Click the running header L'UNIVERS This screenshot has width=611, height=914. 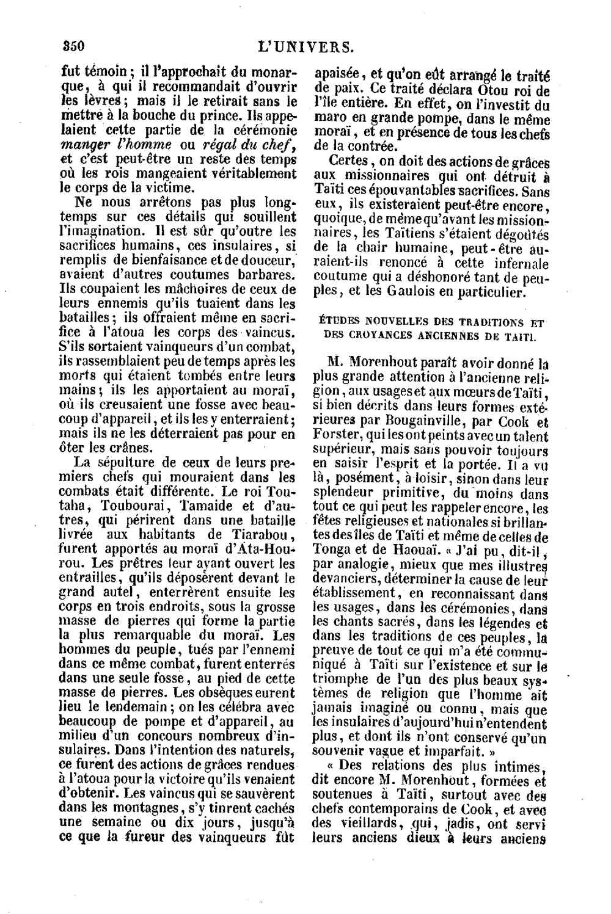pyautogui.click(x=306, y=46)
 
